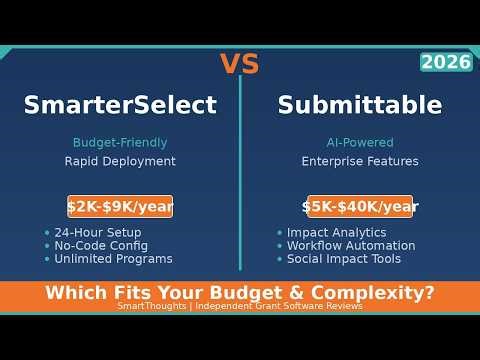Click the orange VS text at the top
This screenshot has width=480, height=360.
coord(239,64)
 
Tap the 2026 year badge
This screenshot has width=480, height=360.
coord(446,62)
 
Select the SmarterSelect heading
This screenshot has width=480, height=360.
coord(120,105)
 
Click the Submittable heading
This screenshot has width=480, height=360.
coord(360,105)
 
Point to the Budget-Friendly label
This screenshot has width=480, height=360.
coord(120,143)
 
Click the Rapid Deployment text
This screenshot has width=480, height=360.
coord(120,161)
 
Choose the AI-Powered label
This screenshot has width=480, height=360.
coord(360,143)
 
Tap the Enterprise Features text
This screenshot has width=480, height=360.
coord(360,161)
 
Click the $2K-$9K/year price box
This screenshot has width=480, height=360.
coord(120,207)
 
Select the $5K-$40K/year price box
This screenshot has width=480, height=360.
coord(360,207)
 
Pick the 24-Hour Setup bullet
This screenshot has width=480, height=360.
coord(98,232)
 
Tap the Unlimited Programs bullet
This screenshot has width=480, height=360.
coord(113,259)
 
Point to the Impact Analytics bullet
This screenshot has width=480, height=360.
coord(336,232)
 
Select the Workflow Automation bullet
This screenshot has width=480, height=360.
coord(351,245)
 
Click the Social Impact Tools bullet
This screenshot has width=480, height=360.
coord(344,259)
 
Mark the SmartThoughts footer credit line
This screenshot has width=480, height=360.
coord(240,306)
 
